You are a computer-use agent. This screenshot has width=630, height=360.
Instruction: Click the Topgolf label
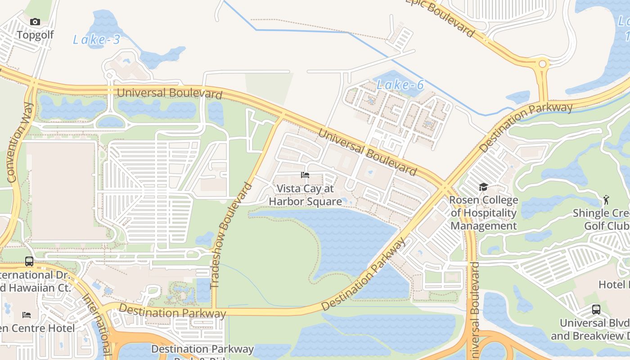(x=35, y=35)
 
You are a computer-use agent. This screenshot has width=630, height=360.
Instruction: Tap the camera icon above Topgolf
(x=35, y=22)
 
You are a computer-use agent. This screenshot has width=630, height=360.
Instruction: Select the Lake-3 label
(x=96, y=40)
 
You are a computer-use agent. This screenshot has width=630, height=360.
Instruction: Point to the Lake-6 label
(x=400, y=85)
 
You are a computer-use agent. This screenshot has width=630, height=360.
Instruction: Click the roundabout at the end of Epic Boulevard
(x=542, y=64)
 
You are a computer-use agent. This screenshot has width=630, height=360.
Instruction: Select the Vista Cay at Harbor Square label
(x=305, y=195)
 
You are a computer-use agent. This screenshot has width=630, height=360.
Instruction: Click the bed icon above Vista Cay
(x=305, y=175)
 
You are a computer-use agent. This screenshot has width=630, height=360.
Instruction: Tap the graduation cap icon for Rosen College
(x=483, y=187)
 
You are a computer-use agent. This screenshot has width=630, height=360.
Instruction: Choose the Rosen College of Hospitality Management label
(x=484, y=213)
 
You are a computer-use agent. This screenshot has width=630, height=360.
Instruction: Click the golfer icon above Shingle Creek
(x=606, y=199)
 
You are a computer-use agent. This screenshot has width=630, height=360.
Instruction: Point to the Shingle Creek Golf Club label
(x=601, y=219)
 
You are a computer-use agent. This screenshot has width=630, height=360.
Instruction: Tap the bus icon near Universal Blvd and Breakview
(x=596, y=310)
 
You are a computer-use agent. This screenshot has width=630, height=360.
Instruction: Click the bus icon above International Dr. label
(x=29, y=261)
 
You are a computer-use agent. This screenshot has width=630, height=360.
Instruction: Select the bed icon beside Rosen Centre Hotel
(x=27, y=315)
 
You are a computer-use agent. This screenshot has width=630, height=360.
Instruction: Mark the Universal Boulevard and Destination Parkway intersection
(x=445, y=186)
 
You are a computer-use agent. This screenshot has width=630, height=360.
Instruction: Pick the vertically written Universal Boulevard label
(x=474, y=310)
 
